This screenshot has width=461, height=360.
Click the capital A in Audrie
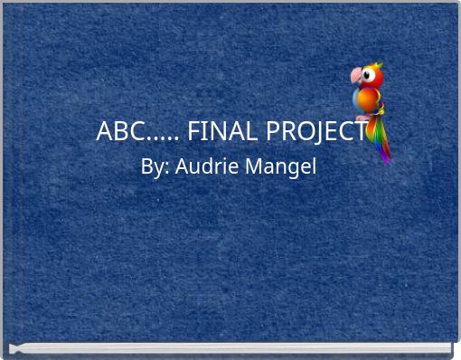[x=181, y=166]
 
